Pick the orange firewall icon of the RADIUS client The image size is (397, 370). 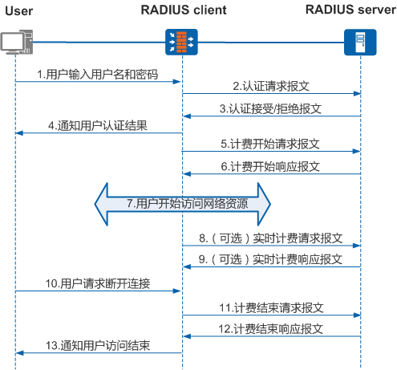coord(181,42)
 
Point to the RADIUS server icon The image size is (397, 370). coord(359,42)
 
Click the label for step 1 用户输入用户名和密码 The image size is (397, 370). coord(97,74)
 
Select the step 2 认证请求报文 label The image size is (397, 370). coord(270,86)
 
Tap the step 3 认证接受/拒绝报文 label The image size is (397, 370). coord(270,108)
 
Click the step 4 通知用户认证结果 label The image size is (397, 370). coord(97,126)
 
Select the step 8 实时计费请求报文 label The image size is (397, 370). coord(270,238)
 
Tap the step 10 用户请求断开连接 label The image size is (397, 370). coord(97,284)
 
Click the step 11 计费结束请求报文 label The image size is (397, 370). coord(270,307)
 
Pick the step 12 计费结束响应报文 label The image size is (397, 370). coord(270,329)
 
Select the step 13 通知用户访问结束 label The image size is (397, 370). coord(97,346)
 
